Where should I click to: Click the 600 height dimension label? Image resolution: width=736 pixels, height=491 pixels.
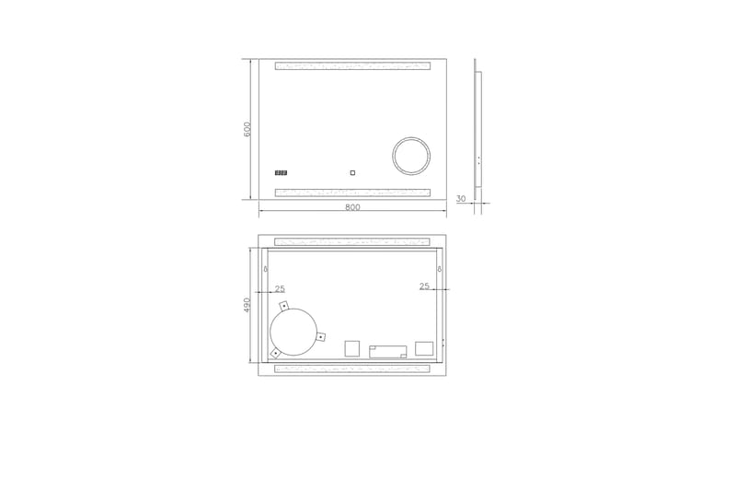247,130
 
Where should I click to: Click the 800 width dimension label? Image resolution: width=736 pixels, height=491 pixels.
352,207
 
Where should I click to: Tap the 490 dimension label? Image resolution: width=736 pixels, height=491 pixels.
247,305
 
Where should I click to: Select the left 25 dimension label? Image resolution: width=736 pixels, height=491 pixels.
280,289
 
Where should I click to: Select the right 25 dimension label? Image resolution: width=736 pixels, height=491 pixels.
424,286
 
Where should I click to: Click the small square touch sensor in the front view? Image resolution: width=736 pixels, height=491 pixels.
352,171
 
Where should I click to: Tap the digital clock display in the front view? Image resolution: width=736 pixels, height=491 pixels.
282,171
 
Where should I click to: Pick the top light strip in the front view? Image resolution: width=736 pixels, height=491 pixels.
352,66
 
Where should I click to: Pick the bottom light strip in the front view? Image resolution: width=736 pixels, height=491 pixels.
352,193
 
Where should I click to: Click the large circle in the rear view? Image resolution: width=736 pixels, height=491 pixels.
293,332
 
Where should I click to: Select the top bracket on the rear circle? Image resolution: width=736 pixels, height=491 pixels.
284,305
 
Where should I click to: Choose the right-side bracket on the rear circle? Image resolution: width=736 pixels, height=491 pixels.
320,337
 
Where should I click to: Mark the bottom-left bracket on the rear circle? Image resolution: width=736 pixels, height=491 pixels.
275,353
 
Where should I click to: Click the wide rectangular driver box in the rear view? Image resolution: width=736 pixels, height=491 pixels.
387,351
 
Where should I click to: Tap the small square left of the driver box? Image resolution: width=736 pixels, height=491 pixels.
351,348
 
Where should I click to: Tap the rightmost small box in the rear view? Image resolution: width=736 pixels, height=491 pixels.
424,348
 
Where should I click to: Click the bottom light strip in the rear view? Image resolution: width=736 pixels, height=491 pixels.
352,368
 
